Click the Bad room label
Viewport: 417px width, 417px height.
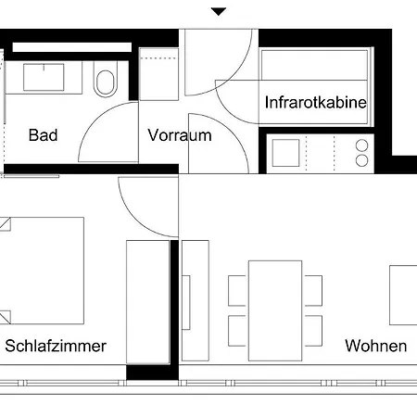[x=43, y=135]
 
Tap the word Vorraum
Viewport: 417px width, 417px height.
[x=180, y=135]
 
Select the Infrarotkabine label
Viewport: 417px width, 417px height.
[x=315, y=102]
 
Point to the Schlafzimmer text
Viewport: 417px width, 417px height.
[x=56, y=347]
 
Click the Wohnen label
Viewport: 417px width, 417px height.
[x=375, y=347]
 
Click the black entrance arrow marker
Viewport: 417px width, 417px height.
[x=219, y=12]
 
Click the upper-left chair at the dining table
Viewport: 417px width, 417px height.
[x=238, y=288]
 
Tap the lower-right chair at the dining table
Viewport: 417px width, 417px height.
[x=313, y=327]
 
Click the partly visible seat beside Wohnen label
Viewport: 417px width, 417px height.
[x=403, y=294]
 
